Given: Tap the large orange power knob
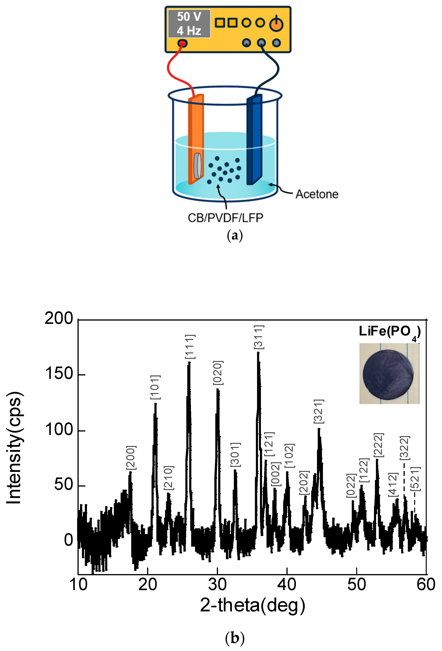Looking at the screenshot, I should click(276, 24).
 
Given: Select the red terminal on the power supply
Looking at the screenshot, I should click(182, 43).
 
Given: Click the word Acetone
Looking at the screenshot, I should click(317, 194).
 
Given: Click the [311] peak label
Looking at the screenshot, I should click(259, 337).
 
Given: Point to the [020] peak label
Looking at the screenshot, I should click(218, 373).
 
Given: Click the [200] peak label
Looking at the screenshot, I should click(131, 457).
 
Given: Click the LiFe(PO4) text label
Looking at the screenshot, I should click(390, 332).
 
